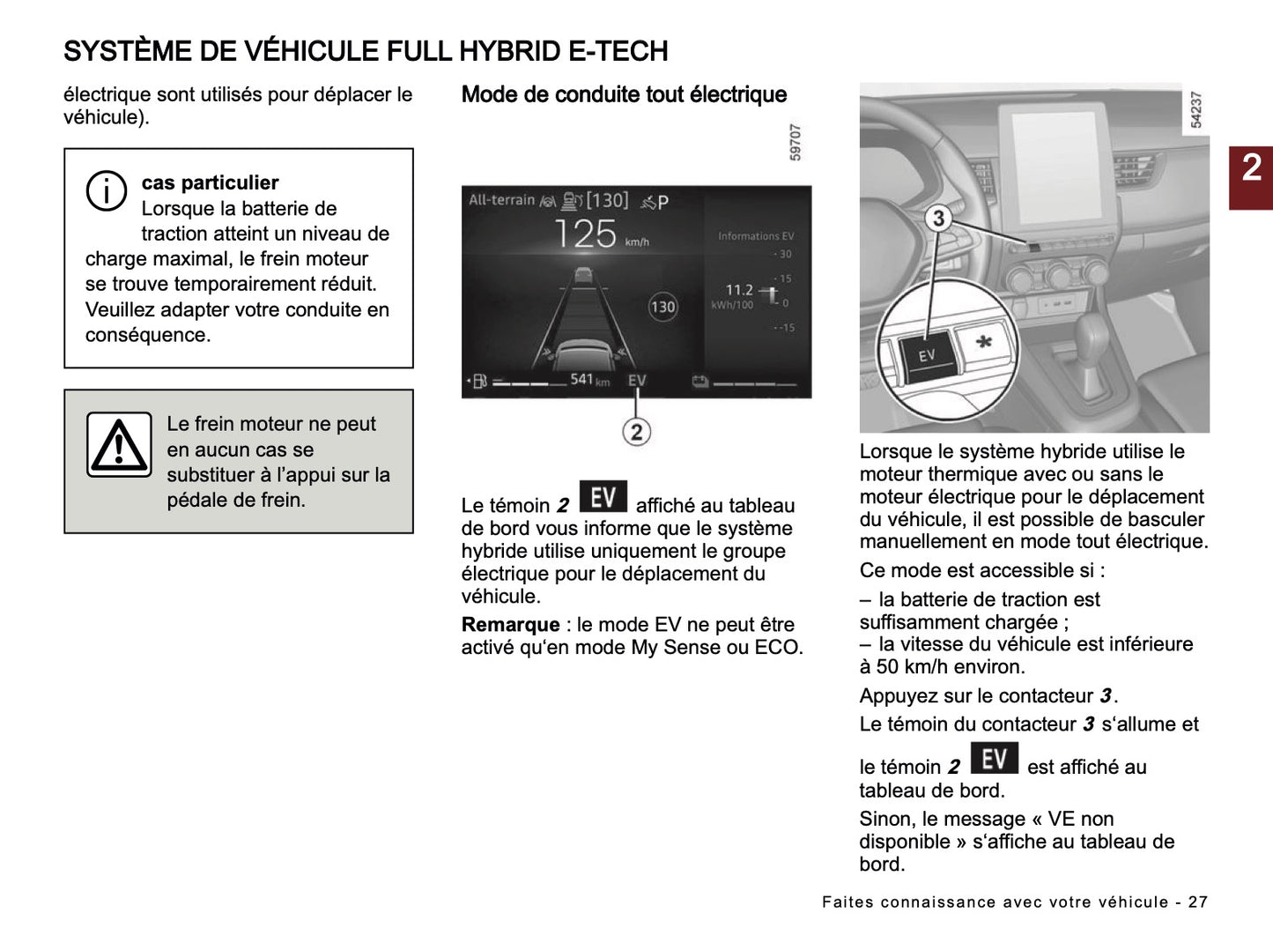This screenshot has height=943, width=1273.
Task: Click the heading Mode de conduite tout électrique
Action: point(624,94)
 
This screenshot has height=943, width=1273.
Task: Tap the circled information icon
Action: point(106,190)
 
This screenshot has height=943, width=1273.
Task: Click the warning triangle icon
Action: point(119,445)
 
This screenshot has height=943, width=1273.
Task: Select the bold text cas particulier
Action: point(210,182)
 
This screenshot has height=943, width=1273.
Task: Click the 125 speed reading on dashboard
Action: point(585,234)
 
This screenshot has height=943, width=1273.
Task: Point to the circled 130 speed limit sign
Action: point(662,307)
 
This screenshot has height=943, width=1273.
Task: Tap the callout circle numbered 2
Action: point(636,432)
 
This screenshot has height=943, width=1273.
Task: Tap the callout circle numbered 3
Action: point(938,218)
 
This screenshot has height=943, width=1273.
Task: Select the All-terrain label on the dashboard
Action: point(501,200)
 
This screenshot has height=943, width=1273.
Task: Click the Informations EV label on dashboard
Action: point(755,236)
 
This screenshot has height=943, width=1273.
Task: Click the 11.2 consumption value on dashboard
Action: point(738,289)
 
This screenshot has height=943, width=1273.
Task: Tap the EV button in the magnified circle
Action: point(925,355)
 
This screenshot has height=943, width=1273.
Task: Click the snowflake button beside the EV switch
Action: point(984,342)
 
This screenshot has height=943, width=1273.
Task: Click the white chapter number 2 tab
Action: point(1251,168)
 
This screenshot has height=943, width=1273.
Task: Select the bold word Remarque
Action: point(510,625)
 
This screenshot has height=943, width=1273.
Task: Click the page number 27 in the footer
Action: point(1197,902)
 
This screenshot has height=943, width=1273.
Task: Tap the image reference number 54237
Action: point(1195,109)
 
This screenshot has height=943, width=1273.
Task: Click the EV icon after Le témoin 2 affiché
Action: point(603,497)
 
